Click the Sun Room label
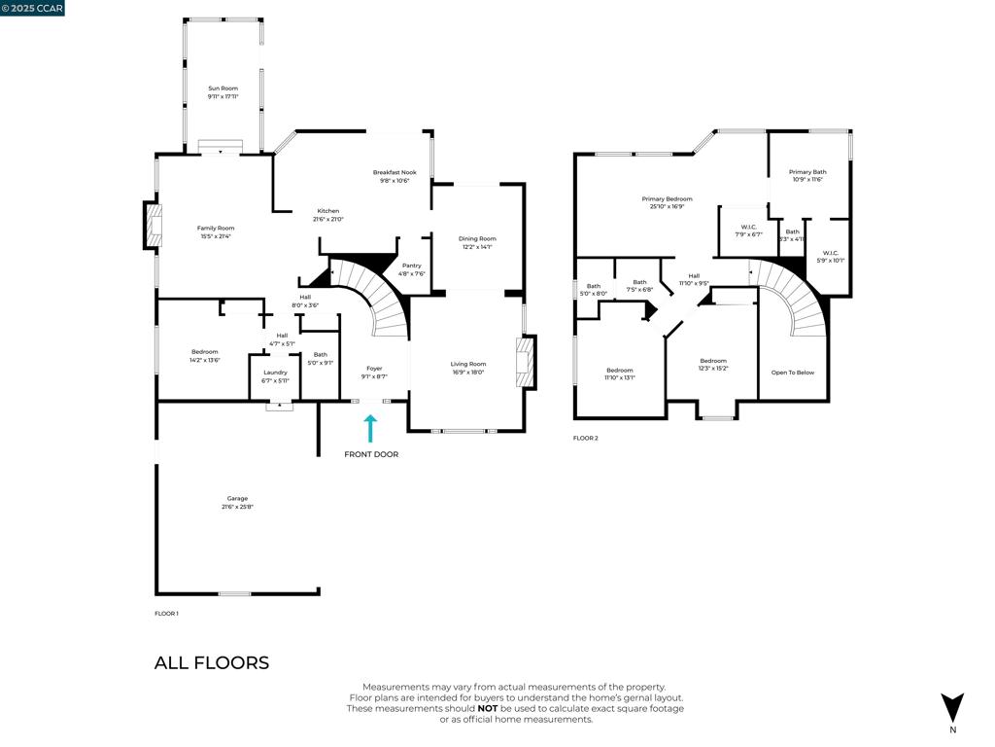coord(223,89)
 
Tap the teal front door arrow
coord(370,429)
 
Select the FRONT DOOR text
coord(371,454)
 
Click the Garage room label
coord(237,498)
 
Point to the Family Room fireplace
coord(153,226)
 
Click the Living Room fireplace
coord(527,362)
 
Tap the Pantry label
coord(412,266)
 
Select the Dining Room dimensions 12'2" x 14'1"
coord(477,247)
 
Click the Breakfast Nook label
coord(395,172)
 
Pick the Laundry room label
coord(275,372)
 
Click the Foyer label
coord(374,368)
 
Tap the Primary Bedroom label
coord(667,198)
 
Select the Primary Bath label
coord(807,171)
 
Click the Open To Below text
coord(793,373)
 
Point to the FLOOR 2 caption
coord(585,439)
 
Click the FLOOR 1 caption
coord(166,614)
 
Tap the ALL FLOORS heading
coord(211,663)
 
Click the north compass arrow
coord(953,707)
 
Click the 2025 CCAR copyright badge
coord(32,8)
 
